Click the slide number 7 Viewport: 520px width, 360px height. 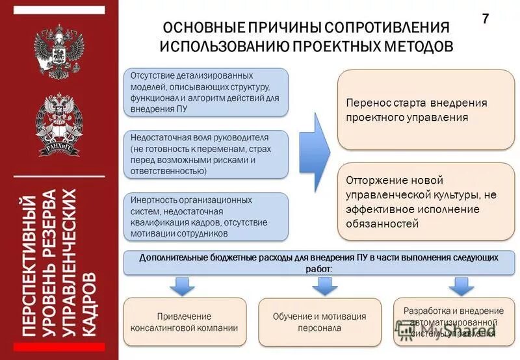pyautogui.click(x=485, y=19)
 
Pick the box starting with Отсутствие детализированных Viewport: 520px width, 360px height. pyautogui.click(x=205, y=92)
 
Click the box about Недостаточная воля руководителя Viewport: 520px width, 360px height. pyautogui.click(x=205, y=154)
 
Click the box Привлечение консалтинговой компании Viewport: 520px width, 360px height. pyautogui.click(x=185, y=322)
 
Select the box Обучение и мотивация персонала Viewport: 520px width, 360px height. pyautogui.click(x=319, y=322)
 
